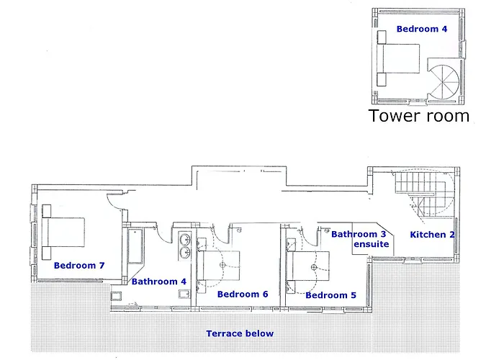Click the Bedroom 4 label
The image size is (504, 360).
click(x=422, y=29)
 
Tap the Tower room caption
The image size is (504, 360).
click(x=418, y=116)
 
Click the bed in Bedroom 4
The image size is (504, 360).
click(x=399, y=58)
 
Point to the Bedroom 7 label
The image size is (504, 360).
click(x=79, y=266)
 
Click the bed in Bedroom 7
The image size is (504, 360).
click(x=63, y=233)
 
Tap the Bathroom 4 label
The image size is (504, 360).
click(x=159, y=282)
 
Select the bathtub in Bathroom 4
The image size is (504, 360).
click(x=135, y=246)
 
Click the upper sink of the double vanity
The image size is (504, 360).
click(x=185, y=240)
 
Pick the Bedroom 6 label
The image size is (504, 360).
click(x=243, y=294)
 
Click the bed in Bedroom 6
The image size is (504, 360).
click(x=219, y=266)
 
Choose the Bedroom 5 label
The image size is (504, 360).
click(x=330, y=295)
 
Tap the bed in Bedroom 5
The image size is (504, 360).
click(x=308, y=266)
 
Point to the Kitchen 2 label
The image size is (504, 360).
click(x=432, y=235)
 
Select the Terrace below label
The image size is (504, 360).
click(x=240, y=333)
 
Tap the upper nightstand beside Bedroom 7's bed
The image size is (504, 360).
click(x=46, y=210)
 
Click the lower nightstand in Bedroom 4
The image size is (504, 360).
click(x=382, y=79)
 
